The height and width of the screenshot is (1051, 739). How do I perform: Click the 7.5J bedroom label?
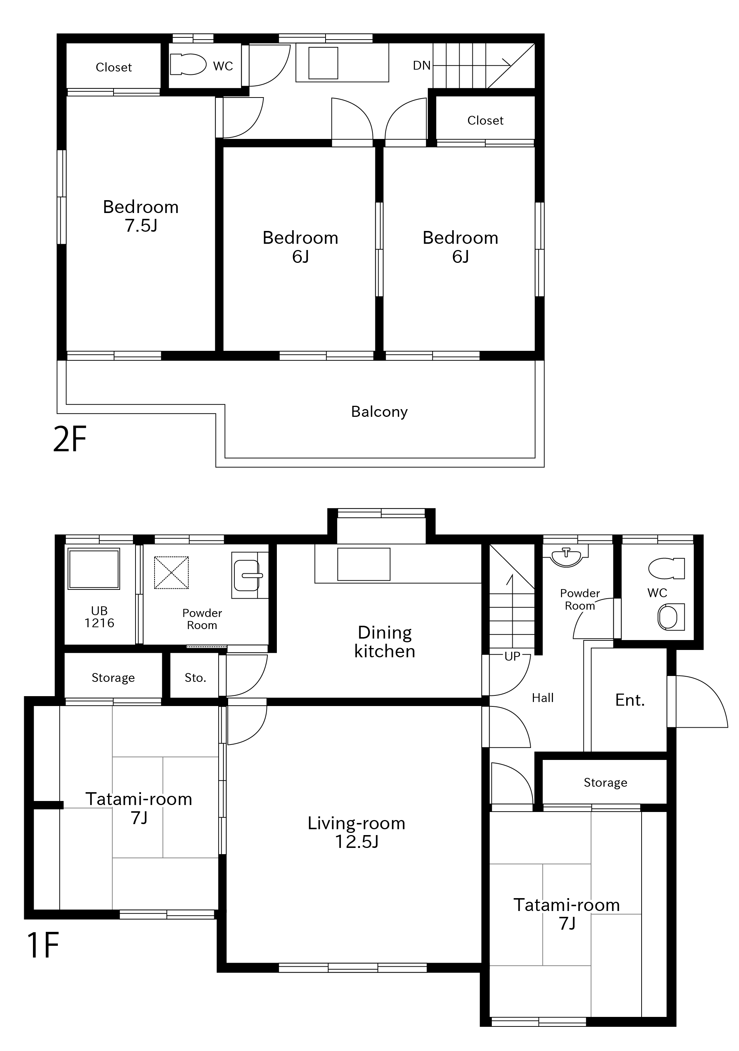(141, 216)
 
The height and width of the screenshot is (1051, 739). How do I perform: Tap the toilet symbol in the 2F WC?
(188, 64)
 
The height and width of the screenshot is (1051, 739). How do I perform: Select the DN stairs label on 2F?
(422, 66)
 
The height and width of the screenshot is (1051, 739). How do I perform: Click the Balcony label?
(379, 412)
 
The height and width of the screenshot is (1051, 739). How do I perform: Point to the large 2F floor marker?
(70, 438)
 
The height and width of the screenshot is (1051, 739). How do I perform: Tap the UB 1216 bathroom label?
(99, 617)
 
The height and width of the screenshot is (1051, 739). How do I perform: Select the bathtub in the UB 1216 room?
(94, 569)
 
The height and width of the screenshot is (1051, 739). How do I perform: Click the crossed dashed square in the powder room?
(171, 572)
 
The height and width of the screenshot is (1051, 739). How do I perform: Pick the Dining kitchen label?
(385, 642)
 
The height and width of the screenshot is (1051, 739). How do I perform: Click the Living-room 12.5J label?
(357, 832)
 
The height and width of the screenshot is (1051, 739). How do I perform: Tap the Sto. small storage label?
(195, 678)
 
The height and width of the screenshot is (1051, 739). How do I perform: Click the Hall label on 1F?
(543, 698)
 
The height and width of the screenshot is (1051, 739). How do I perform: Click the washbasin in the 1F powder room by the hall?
(567, 556)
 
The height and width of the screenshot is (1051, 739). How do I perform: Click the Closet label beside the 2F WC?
(114, 67)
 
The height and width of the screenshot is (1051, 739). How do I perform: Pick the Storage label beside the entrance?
(605, 783)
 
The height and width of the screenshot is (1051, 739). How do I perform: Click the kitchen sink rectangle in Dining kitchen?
(364, 565)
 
